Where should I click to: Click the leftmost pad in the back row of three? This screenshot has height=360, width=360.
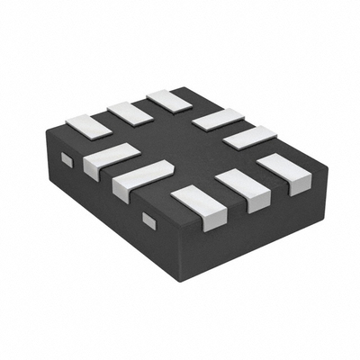(86, 127)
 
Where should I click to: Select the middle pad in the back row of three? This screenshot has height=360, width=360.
(128, 112)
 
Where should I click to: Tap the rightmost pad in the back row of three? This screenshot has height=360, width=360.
(166, 99)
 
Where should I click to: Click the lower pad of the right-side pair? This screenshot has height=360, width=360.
(250, 138)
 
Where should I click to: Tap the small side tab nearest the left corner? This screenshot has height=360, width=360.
(65, 159)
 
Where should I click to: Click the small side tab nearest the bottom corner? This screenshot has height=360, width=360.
(148, 219)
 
